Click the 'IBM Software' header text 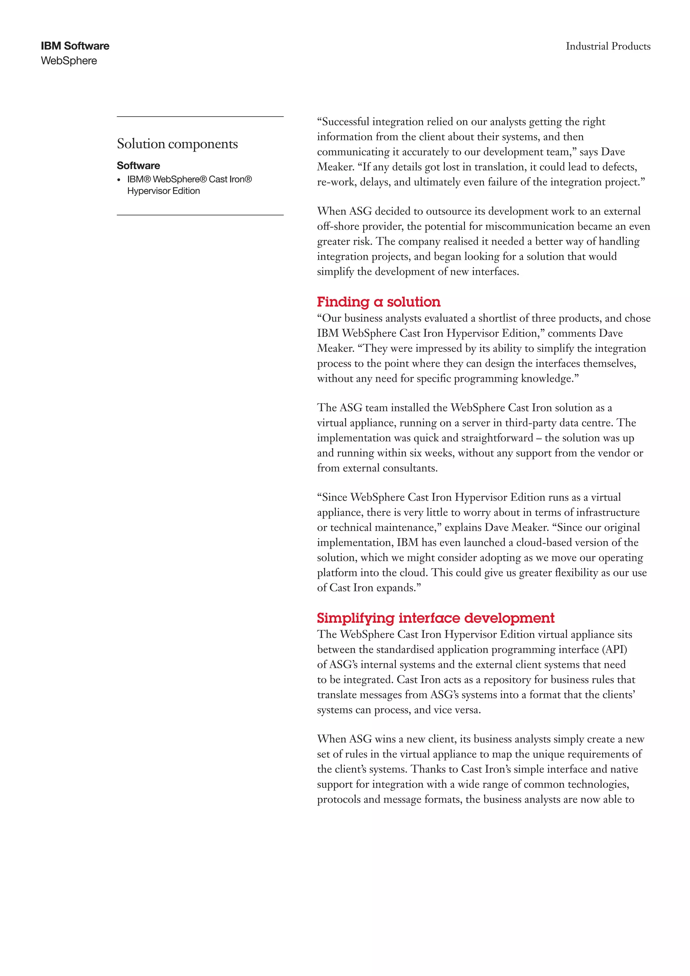[75, 46]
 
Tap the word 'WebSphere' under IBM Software [69, 61]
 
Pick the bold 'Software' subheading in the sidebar [138, 165]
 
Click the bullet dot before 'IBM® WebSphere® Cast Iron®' [119, 180]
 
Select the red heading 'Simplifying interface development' [436, 618]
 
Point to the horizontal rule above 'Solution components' [200, 117]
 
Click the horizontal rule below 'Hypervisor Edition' [200, 215]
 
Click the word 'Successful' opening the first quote [345, 122]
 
